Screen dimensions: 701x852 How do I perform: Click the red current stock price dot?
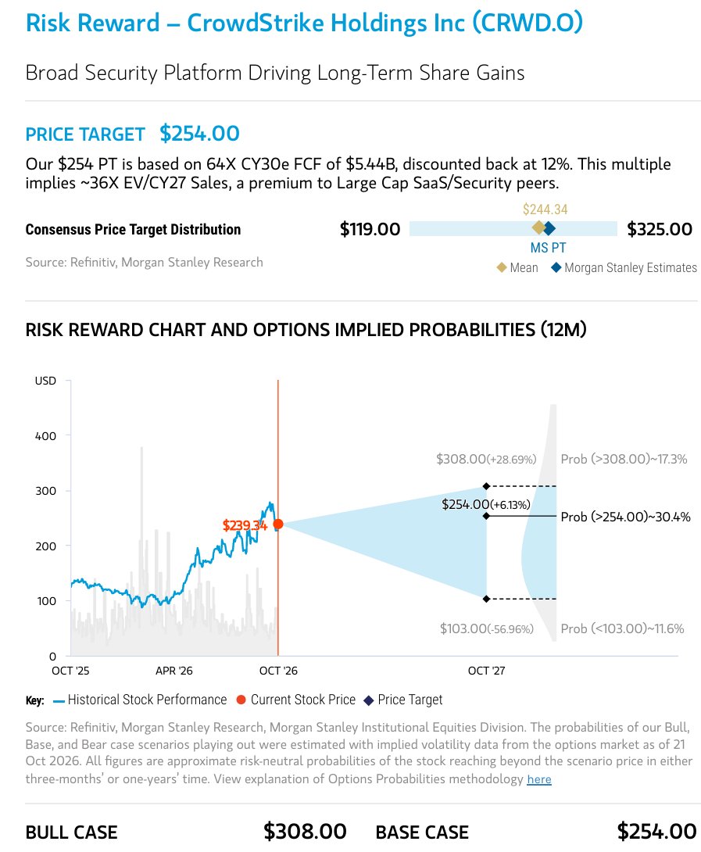pos(277,524)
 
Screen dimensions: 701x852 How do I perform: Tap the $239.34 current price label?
pos(245,525)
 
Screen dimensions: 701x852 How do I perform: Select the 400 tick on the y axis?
pos(45,436)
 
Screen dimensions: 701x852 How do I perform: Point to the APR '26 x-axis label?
pos(174,671)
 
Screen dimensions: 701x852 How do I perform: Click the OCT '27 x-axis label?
pos(486,671)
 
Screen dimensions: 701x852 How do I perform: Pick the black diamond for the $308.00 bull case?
pos(486,486)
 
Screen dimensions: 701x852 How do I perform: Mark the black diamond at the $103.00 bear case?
pos(486,599)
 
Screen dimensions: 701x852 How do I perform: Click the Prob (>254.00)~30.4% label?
pos(625,517)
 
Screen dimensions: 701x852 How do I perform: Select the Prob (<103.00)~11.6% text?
pos(622,628)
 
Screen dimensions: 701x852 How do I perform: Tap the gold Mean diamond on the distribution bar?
pos(538,228)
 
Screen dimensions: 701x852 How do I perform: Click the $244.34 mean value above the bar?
pos(545,209)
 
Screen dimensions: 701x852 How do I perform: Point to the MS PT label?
pos(548,248)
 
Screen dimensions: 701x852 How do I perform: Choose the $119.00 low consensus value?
pos(370,229)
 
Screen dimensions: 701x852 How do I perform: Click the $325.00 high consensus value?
pos(660,229)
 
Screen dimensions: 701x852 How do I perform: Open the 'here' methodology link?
pos(539,779)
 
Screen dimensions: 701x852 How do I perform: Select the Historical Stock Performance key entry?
pos(140,700)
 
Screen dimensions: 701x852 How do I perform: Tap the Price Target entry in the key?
pos(403,700)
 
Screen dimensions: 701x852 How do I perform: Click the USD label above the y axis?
pos(45,381)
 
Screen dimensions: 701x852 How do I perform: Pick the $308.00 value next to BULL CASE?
pos(305,832)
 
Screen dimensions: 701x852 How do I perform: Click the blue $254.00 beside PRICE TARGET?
pos(199,134)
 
